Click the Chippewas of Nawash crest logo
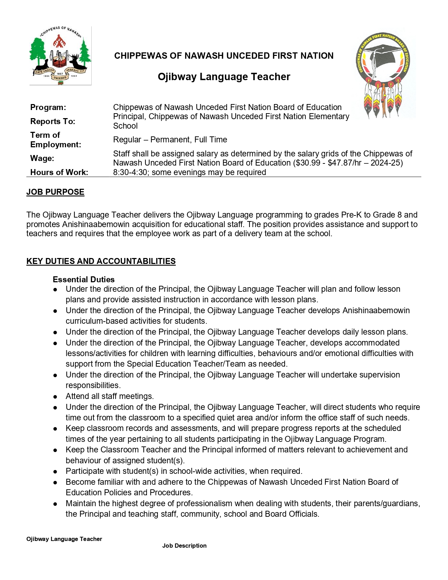point(60,56)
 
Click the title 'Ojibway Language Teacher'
point(224,77)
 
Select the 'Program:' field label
point(48,107)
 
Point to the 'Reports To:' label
point(53,121)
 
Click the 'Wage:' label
point(42,158)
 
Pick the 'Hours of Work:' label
point(59,172)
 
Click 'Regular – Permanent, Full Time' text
point(170,140)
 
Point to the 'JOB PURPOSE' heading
point(56,192)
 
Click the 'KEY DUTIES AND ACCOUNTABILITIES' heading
point(101,261)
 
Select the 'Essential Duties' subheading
point(84,279)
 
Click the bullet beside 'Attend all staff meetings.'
point(56,397)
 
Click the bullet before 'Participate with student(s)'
point(56,471)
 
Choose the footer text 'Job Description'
point(184,546)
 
